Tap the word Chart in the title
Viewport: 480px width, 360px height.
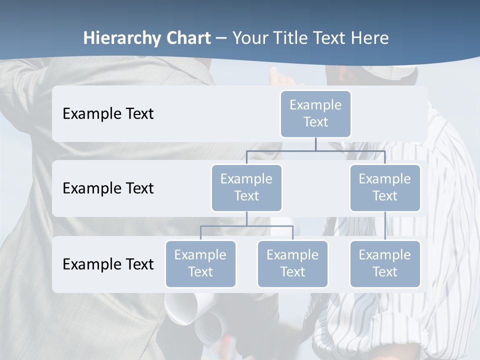[x=186, y=38]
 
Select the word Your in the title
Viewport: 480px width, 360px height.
[x=249, y=38]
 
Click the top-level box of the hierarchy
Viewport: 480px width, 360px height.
[x=315, y=113]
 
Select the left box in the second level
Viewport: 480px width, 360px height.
[x=246, y=187]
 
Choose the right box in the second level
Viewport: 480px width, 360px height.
[x=385, y=187]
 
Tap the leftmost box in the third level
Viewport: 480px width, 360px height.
[x=200, y=263]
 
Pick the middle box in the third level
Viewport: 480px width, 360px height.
[x=292, y=263]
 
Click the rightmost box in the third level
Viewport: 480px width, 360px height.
[x=385, y=263]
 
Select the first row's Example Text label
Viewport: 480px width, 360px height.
[x=108, y=114]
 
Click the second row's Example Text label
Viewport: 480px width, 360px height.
[x=108, y=188]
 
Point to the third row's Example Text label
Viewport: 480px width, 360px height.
[x=108, y=264]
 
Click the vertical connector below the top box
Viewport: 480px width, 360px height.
[x=315, y=144]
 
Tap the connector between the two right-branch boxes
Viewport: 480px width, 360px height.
[x=385, y=226]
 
